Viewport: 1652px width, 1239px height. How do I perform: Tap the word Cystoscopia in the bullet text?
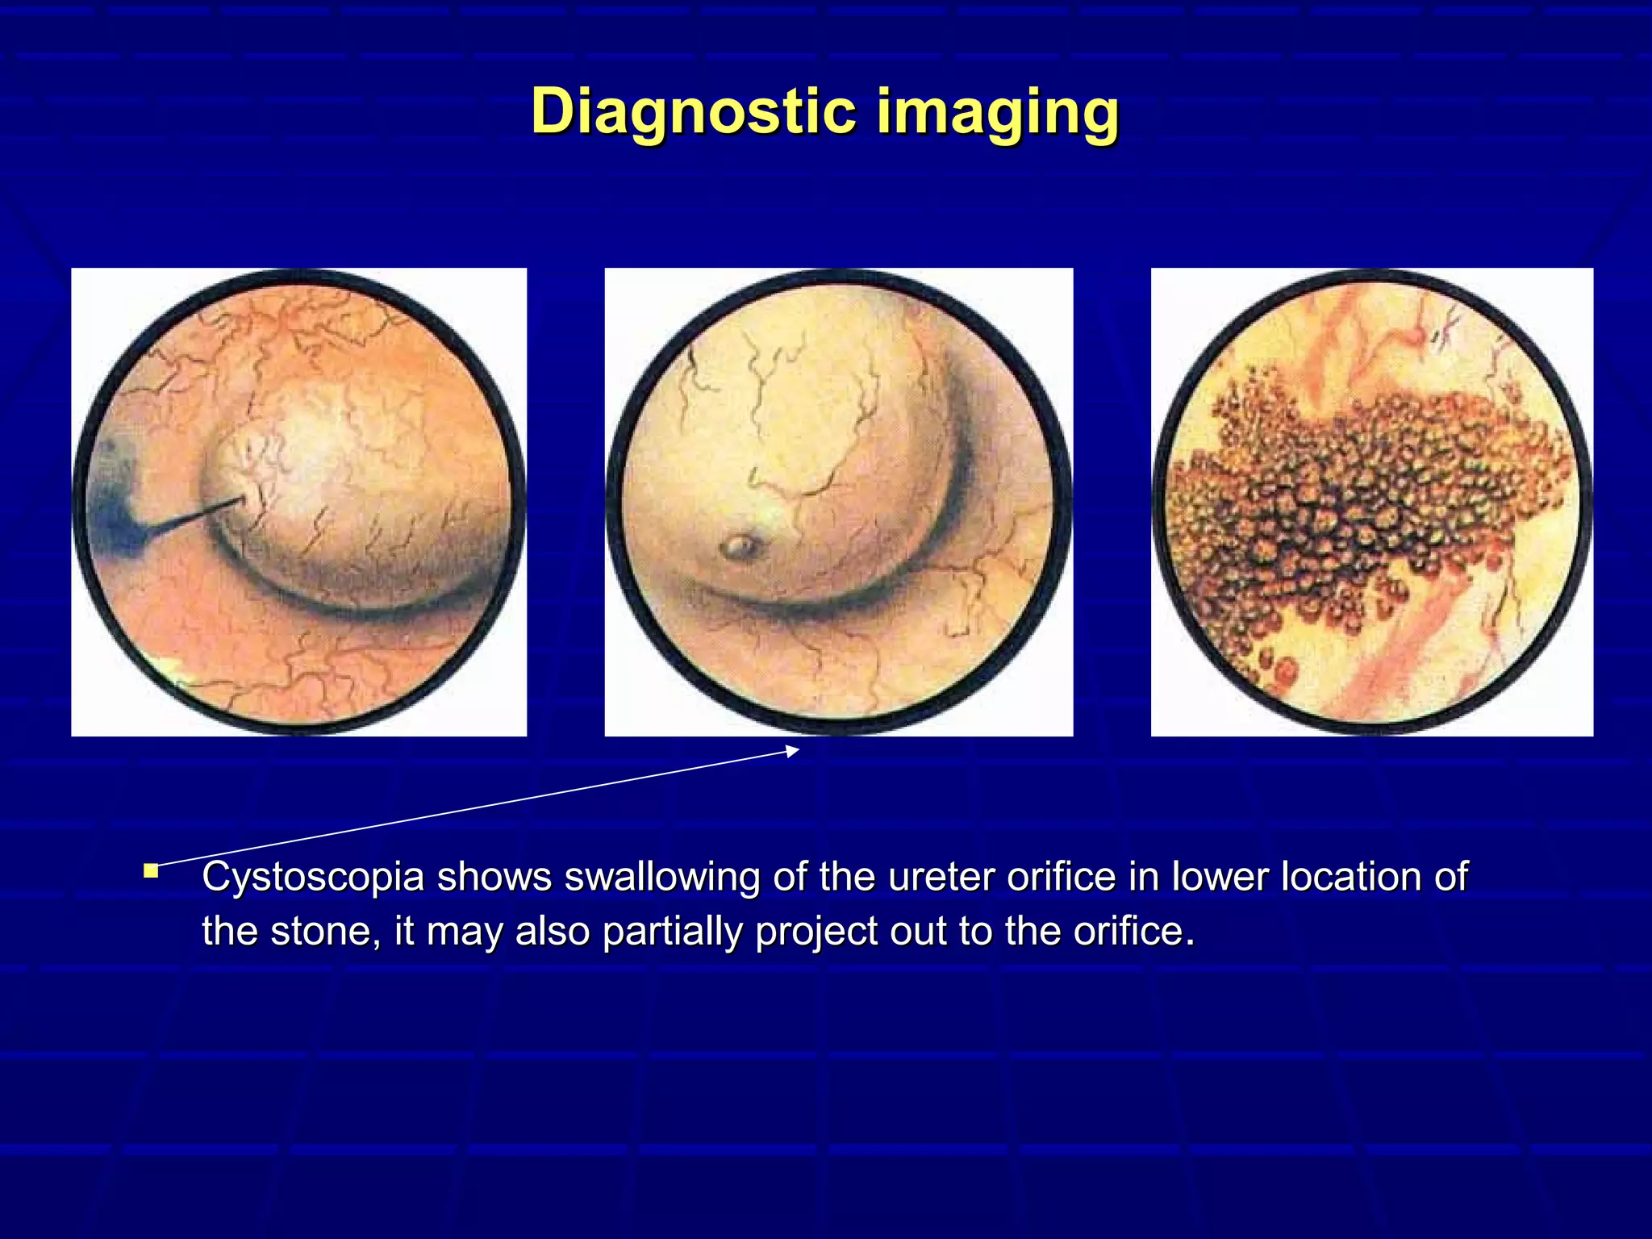click(313, 878)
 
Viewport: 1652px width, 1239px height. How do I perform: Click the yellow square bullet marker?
click(151, 870)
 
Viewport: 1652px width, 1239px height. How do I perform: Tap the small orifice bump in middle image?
click(739, 548)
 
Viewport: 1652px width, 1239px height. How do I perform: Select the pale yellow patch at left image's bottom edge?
click(169, 668)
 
